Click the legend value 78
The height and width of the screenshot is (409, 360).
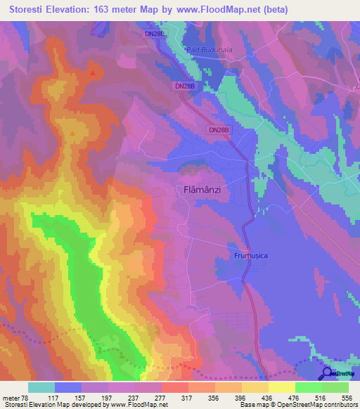click(x=27, y=397)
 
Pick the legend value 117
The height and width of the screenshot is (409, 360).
click(x=55, y=397)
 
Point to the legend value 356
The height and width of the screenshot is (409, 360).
click(x=215, y=397)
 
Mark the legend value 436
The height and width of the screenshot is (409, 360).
click(x=269, y=397)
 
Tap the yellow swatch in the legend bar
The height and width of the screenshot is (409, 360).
click(x=282, y=387)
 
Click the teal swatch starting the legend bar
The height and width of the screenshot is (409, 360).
click(x=41, y=387)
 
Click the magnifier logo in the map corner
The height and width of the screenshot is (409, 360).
click(x=327, y=373)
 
